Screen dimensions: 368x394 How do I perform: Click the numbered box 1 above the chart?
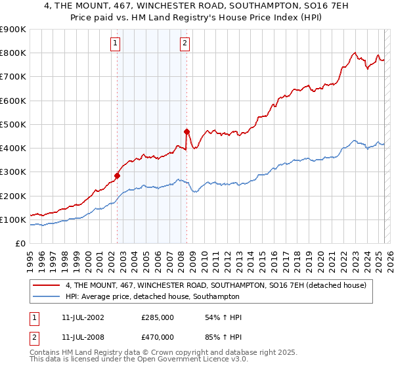tap(115, 44)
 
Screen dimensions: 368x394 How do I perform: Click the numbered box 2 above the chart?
tap(185, 44)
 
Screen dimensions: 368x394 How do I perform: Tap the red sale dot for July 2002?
tap(118, 175)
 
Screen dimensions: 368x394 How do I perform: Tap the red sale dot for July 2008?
tap(187, 131)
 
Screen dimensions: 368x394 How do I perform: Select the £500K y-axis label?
tap(13, 124)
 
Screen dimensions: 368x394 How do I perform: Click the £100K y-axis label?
tap(13, 219)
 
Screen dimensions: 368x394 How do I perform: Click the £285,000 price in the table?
tap(158, 317)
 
